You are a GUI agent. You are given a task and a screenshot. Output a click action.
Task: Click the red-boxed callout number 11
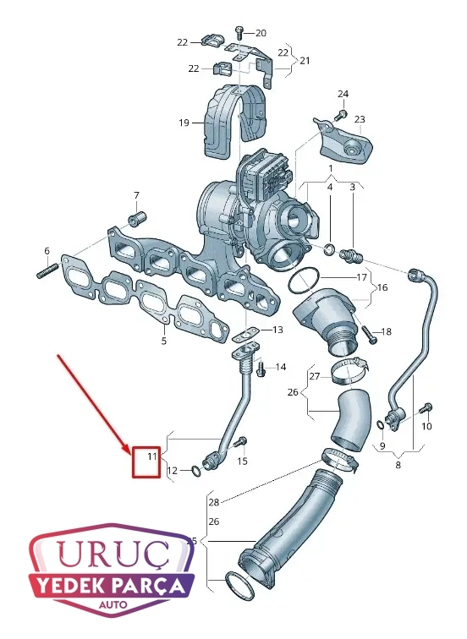coord(151,456)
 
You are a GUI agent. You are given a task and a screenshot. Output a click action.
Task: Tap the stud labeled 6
coord(47,270)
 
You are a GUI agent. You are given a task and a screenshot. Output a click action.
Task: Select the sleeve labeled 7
coord(137,218)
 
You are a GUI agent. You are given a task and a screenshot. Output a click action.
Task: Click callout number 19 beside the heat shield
coord(184,123)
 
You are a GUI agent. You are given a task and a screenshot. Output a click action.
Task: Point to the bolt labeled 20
coord(239,33)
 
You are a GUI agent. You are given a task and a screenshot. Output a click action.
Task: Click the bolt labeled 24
coord(341,115)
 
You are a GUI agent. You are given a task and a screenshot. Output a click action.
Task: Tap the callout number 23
coord(360,119)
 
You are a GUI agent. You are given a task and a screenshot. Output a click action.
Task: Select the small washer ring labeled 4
coord(329,248)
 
